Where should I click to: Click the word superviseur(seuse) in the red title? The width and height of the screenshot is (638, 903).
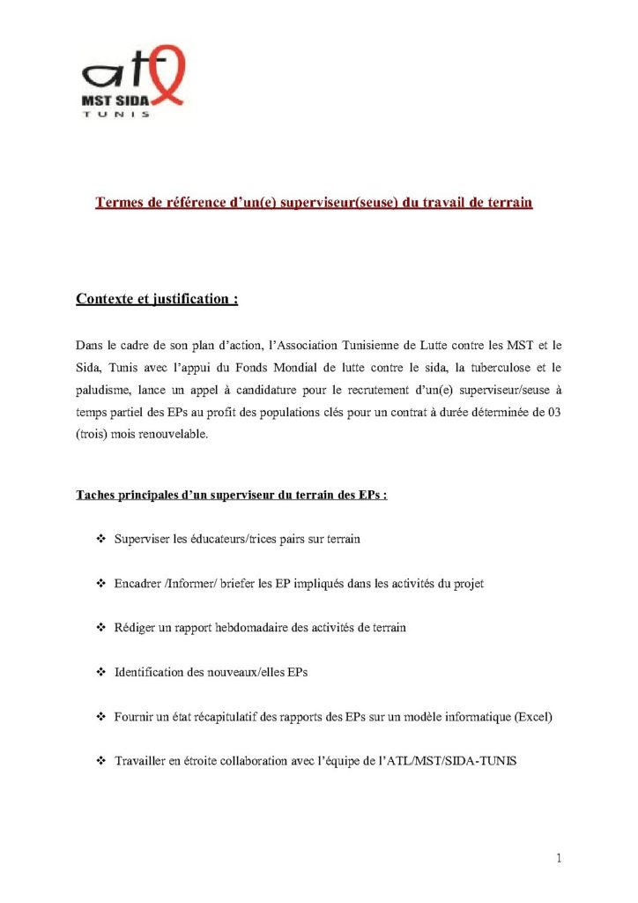tap(341, 203)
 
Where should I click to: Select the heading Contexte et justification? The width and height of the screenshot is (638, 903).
tap(157, 299)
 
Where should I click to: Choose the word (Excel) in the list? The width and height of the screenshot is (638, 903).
tap(531, 717)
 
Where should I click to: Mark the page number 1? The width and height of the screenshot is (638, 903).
tap(559, 857)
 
